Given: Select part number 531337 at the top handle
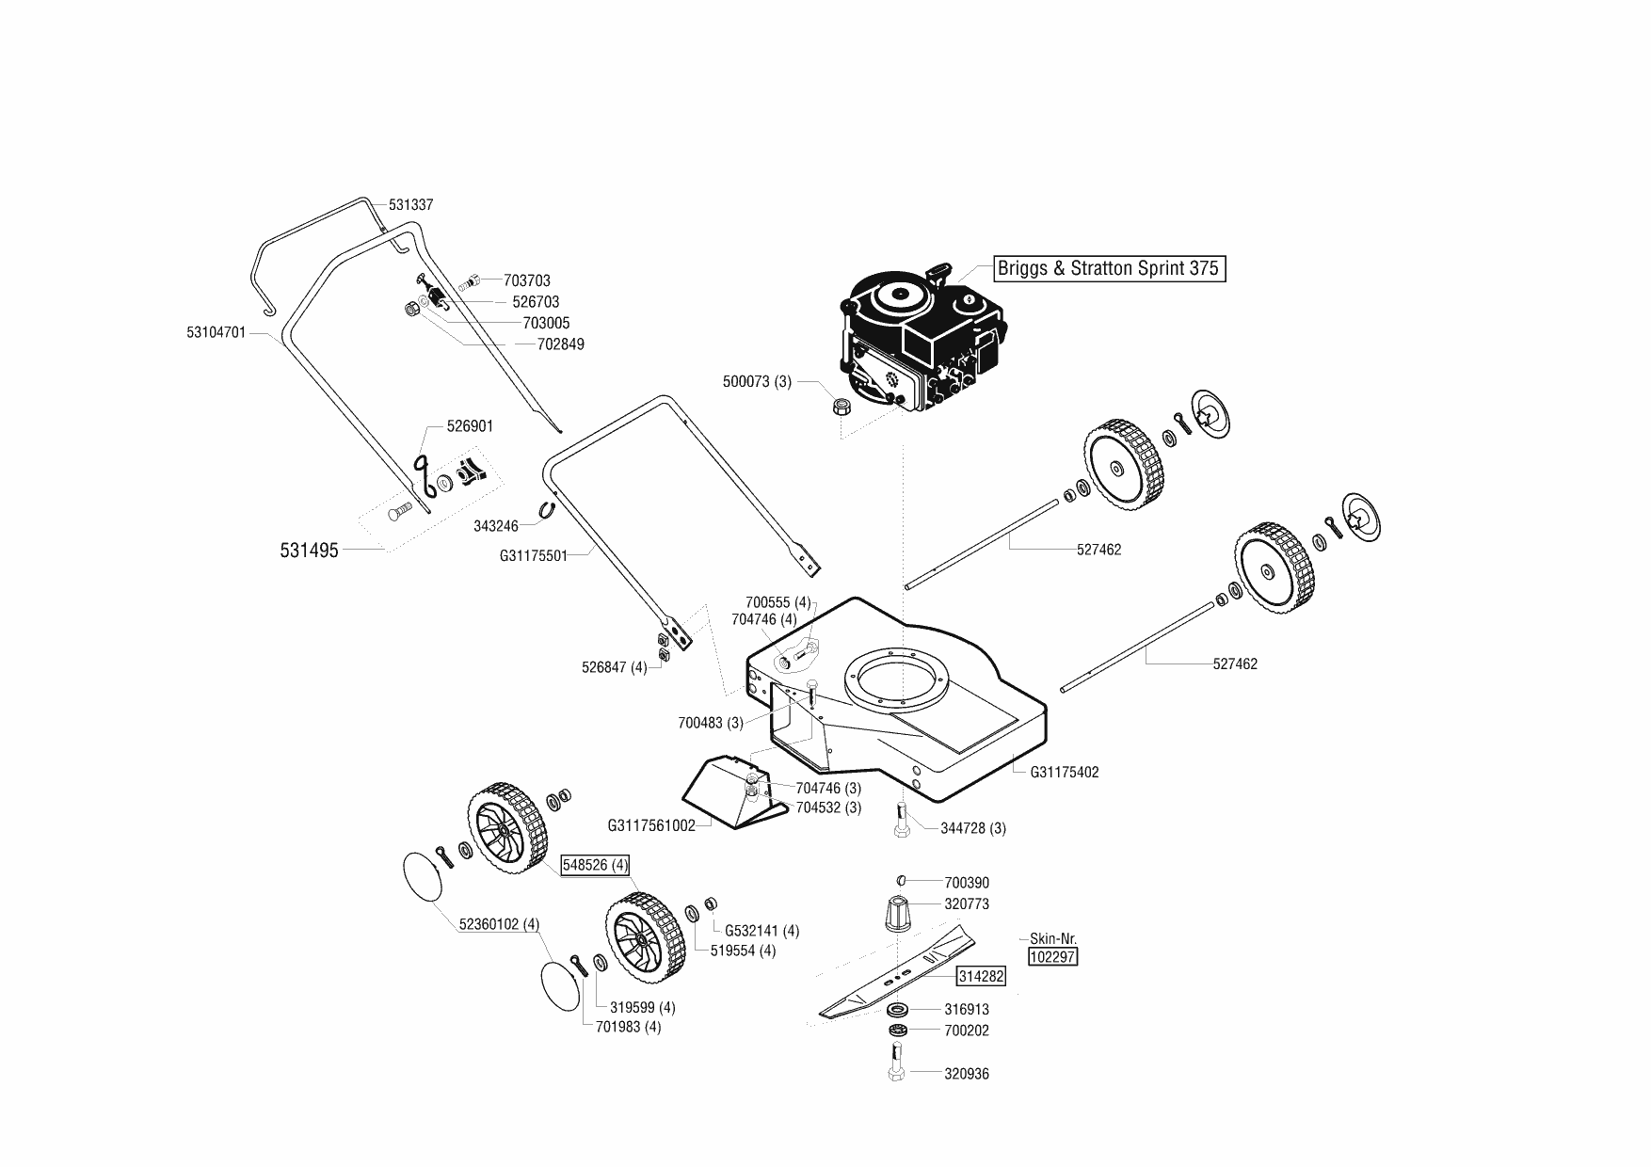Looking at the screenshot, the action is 410,204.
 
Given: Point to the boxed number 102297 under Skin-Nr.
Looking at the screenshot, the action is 1053,957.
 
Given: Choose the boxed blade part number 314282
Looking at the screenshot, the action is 981,976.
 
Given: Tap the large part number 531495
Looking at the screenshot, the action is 309,551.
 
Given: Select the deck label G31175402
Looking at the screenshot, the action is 1065,773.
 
